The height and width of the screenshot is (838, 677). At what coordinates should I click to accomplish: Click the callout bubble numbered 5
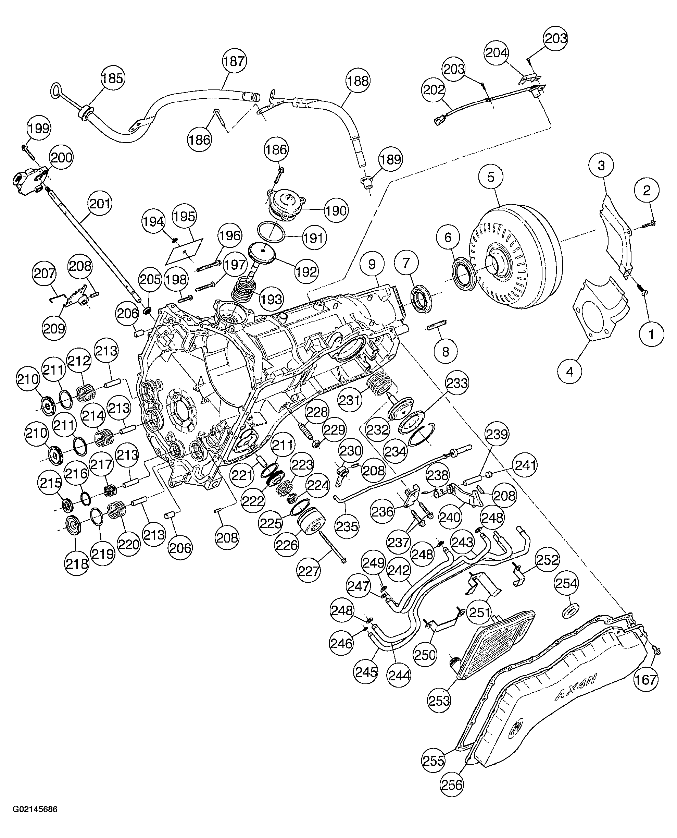tap(491, 177)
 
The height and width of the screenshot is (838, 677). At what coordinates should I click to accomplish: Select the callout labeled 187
tap(234, 61)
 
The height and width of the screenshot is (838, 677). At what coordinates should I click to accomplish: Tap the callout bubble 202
tap(434, 90)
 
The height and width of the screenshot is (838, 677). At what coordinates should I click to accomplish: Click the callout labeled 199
tap(39, 128)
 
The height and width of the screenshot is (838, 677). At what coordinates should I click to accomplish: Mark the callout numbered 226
tap(287, 545)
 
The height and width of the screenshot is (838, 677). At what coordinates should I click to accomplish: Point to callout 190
tap(336, 211)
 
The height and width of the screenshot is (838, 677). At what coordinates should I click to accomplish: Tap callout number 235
tap(347, 526)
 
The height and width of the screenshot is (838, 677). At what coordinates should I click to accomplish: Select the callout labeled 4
tap(569, 372)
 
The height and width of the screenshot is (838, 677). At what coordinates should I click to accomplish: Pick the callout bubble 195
tap(185, 216)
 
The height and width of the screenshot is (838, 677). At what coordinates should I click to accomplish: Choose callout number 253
tap(439, 701)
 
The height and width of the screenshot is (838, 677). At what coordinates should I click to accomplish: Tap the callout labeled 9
tap(372, 264)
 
